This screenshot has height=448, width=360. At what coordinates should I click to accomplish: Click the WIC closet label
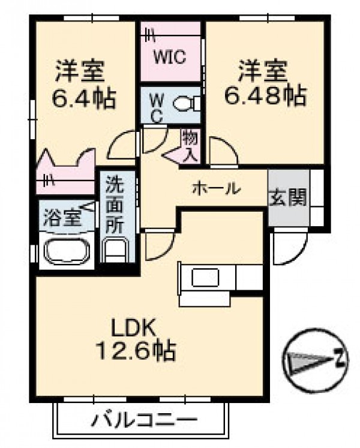coord(170,56)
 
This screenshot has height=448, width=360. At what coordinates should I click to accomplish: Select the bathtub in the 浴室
coord(67,251)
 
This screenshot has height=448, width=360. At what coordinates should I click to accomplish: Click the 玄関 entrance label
coord(288,197)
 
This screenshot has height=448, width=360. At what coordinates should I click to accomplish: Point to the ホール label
coord(217,188)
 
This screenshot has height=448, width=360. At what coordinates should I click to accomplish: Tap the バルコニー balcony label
coord(145,420)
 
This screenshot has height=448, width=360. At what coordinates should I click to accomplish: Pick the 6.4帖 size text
coord(84,98)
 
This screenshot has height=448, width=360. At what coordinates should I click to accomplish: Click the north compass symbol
coord(316,360)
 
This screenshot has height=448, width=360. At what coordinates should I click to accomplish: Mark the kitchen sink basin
coord(206,277)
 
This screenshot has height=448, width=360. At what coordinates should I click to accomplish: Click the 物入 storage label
coord(190,146)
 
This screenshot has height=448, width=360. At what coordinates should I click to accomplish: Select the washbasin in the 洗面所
coord(115,249)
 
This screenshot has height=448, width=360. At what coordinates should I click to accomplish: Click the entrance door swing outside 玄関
coord(289,248)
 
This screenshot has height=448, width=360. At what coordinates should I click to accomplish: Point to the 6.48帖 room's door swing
coord(224,151)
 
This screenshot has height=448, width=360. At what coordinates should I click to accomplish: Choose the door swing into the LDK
coord(160,245)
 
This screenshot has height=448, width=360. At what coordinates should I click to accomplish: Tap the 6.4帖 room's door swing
coord(122,145)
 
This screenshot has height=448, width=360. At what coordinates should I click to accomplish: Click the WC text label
coord(157,109)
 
